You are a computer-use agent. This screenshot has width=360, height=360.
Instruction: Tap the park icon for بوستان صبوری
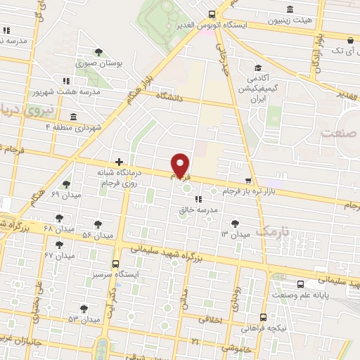[99, 51]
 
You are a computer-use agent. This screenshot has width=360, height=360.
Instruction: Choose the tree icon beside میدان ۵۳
[84, 308]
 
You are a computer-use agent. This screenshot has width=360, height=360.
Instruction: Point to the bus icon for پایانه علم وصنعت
[301, 284]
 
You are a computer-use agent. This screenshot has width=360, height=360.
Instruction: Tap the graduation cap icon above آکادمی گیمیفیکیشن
[258, 68]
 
